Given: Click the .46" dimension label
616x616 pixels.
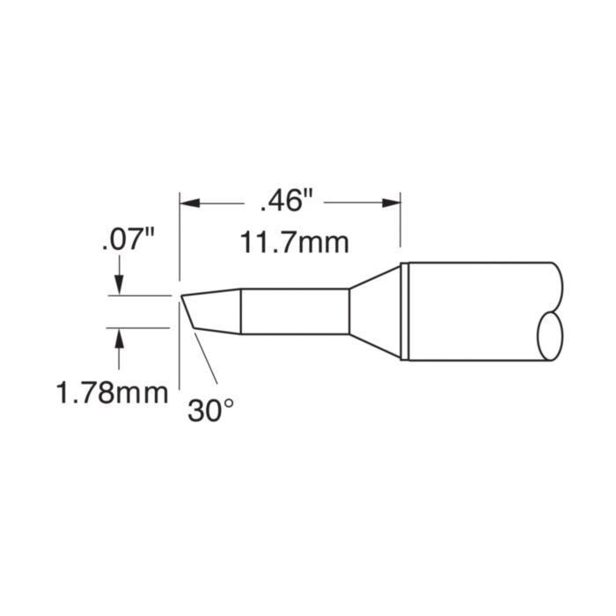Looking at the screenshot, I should point(286,202).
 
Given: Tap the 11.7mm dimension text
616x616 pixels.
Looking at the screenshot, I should point(283,241).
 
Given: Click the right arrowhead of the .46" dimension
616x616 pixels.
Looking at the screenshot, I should point(393,202).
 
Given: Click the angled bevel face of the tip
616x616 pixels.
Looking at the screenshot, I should point(187,312).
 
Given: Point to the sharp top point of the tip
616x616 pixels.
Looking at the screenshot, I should point(181,296).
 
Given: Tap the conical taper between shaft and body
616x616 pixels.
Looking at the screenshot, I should point(374,312).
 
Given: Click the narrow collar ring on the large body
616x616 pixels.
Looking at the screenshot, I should point(405,312).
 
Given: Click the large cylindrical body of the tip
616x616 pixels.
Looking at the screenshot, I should point(475,312).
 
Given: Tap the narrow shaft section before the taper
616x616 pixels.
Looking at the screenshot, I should point(295,312).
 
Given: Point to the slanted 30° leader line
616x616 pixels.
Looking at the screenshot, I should point(204,361).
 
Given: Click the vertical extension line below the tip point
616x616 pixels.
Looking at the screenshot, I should point(180,352).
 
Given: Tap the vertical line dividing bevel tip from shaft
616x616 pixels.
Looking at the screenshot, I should point(241,312).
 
